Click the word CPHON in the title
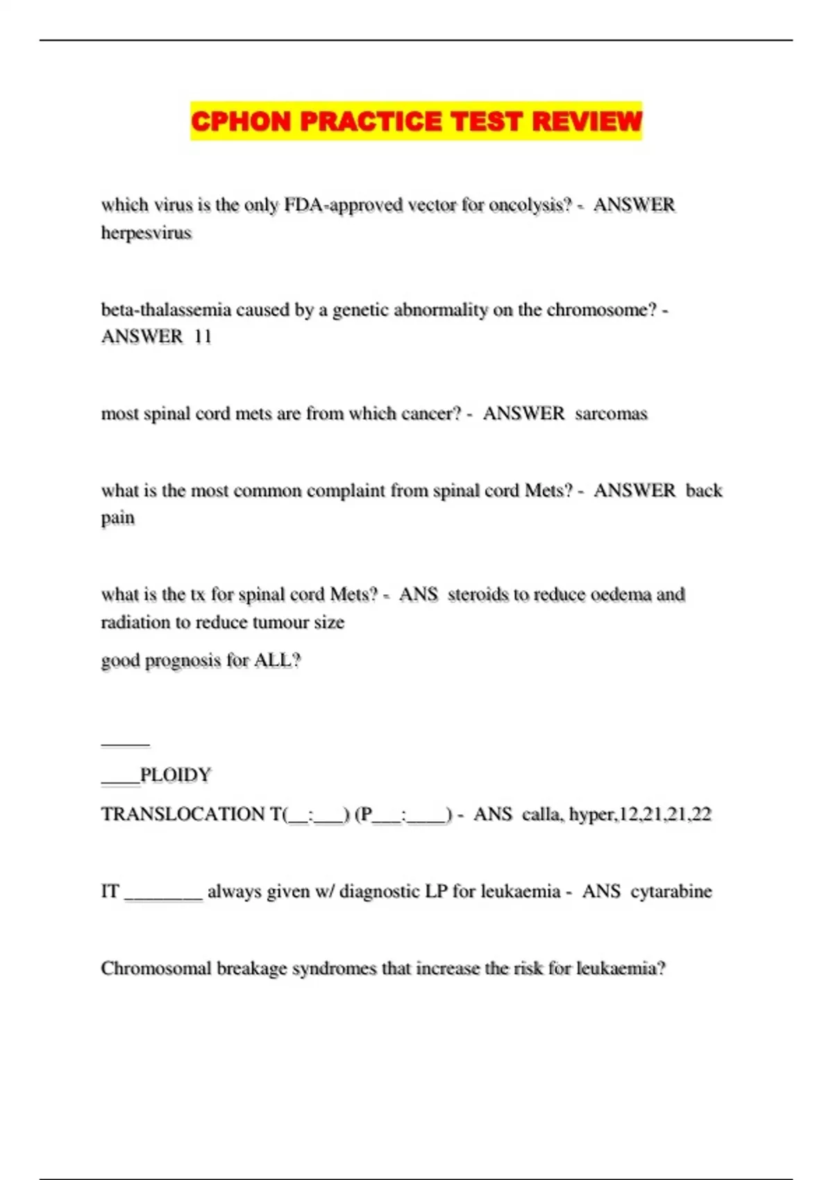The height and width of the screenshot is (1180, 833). (x=240, y=121)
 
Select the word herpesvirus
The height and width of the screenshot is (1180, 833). (x=146, y=233)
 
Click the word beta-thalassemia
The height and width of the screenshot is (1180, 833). (x=166, y=310)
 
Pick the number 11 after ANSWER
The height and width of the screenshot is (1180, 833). (x=203, y=337)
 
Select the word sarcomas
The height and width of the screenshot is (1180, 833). (x=611, y=414)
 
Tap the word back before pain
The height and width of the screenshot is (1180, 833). (x=704, y=491)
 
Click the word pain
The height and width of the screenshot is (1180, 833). (x=118, y=519)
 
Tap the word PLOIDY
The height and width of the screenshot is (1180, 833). (x=175, y=775)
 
